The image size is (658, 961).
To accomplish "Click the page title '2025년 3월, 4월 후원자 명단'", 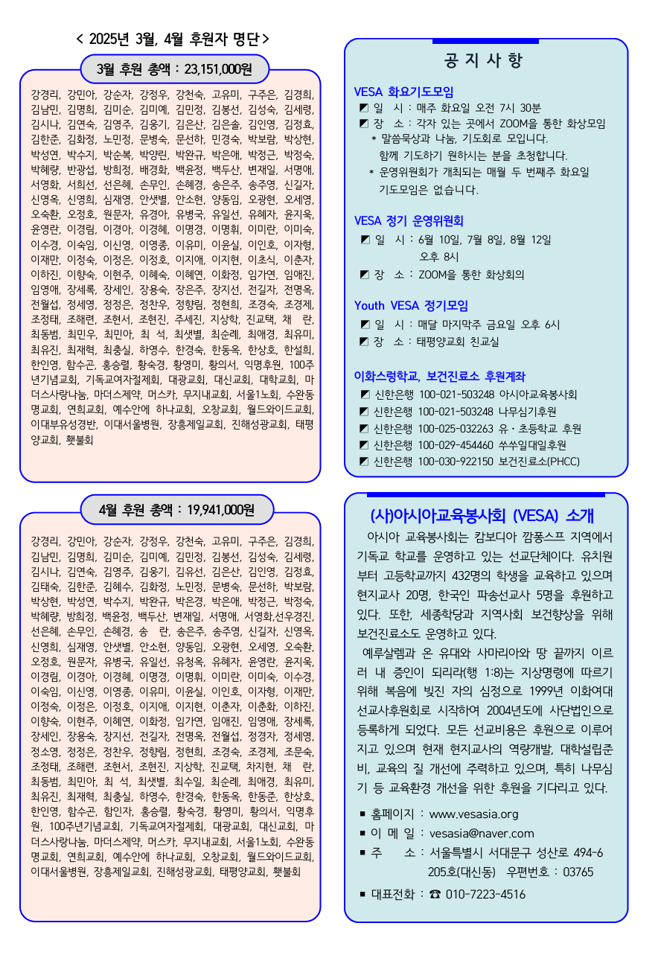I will pos(173,39).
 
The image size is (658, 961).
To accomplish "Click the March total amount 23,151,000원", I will pos(216,69).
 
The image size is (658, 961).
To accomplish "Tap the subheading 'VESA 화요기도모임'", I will pos(403,92).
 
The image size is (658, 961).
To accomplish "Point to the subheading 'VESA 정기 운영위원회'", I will pos(409,220).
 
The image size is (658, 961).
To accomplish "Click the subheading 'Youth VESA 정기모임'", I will pos(411,305).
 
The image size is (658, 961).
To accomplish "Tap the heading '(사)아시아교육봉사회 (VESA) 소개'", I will pos(487,515).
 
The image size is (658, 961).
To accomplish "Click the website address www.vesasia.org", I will pos(473,814).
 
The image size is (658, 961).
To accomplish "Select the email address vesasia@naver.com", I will pos(482,833).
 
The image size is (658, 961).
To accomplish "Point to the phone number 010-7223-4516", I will pos(485,894).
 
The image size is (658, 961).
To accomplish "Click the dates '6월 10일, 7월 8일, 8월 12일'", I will pos(485,239).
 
